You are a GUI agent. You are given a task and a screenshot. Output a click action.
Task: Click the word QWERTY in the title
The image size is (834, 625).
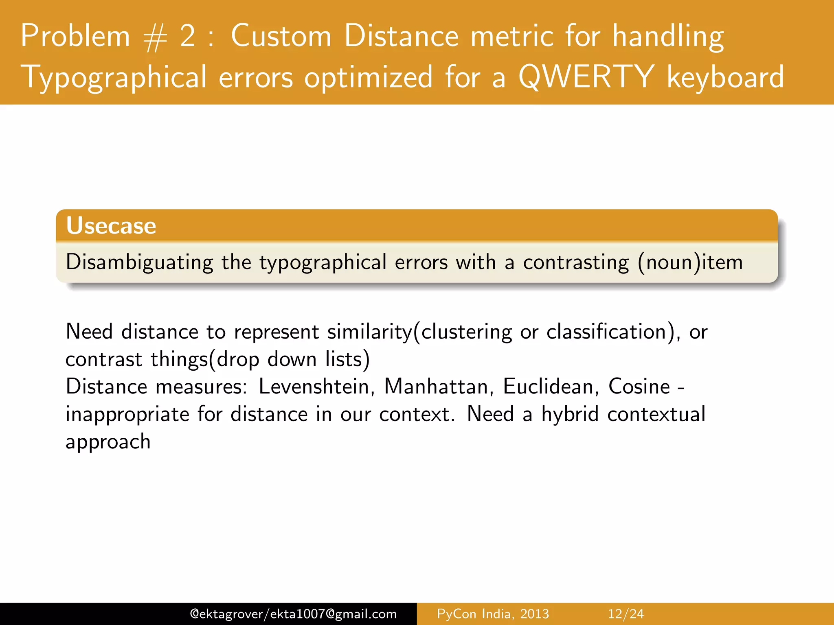(x=586, y=77)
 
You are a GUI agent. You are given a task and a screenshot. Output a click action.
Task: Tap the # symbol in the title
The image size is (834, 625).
(x=155, y=38)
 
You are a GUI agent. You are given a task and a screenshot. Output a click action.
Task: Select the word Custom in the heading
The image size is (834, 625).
(x=281, y=36)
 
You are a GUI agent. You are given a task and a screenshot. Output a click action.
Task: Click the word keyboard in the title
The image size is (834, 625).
(x=725, y=77)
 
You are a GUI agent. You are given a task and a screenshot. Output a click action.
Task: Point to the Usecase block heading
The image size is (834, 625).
(x=111, y=225)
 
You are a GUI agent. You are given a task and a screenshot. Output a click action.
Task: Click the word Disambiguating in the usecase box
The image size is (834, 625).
(x=139, y=262)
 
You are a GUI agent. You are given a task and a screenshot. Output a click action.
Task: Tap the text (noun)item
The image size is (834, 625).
(x=691, y=262)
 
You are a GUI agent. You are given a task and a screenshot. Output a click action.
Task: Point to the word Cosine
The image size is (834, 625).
(x=639, y=386)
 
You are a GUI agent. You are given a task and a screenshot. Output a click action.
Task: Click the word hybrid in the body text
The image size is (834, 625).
(x=570, y=414)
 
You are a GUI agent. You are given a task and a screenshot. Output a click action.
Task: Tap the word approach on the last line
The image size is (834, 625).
(x=108, y=442)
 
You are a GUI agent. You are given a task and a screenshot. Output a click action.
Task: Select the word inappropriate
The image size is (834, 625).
(x=127, y=414)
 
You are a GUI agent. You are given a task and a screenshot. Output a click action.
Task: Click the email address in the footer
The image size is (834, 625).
(x=293, y=614)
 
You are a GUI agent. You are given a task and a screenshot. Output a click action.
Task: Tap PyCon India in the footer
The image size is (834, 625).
(x=473, y=614)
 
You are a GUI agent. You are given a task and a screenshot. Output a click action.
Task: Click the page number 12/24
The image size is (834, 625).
(x=626, y=614)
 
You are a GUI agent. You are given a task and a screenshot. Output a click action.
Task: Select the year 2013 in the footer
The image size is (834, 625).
(x=535, y=614)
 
